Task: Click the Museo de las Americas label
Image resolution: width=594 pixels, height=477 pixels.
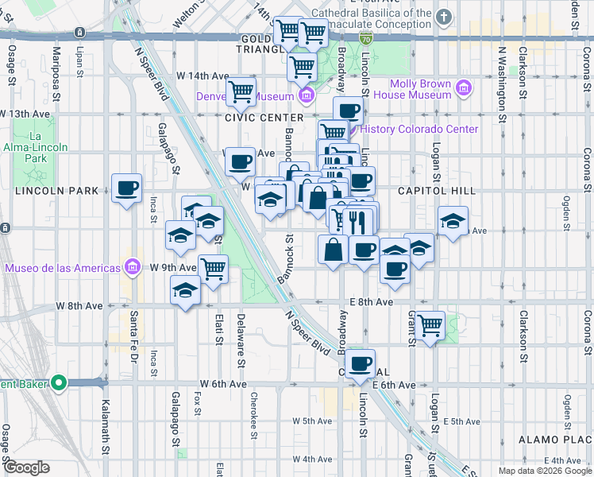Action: coord(61,267)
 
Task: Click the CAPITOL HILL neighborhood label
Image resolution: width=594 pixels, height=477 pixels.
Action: coord(436,191)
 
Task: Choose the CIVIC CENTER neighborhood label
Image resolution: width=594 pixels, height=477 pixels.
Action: coord(264,117)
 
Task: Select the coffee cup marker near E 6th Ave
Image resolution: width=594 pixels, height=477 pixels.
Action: coord(361,363)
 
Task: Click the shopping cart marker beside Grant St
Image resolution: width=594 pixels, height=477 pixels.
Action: coord(430,324)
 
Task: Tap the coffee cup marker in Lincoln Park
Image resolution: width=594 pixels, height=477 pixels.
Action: coord(126,188)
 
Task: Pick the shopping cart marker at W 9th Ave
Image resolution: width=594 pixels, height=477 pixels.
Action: coord(213,270)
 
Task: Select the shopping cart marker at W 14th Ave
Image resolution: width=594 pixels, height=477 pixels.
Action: coord(241,91)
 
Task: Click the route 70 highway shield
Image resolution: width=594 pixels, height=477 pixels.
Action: coord(364,38)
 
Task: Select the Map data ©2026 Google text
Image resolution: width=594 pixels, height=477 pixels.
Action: coord(546,471)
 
